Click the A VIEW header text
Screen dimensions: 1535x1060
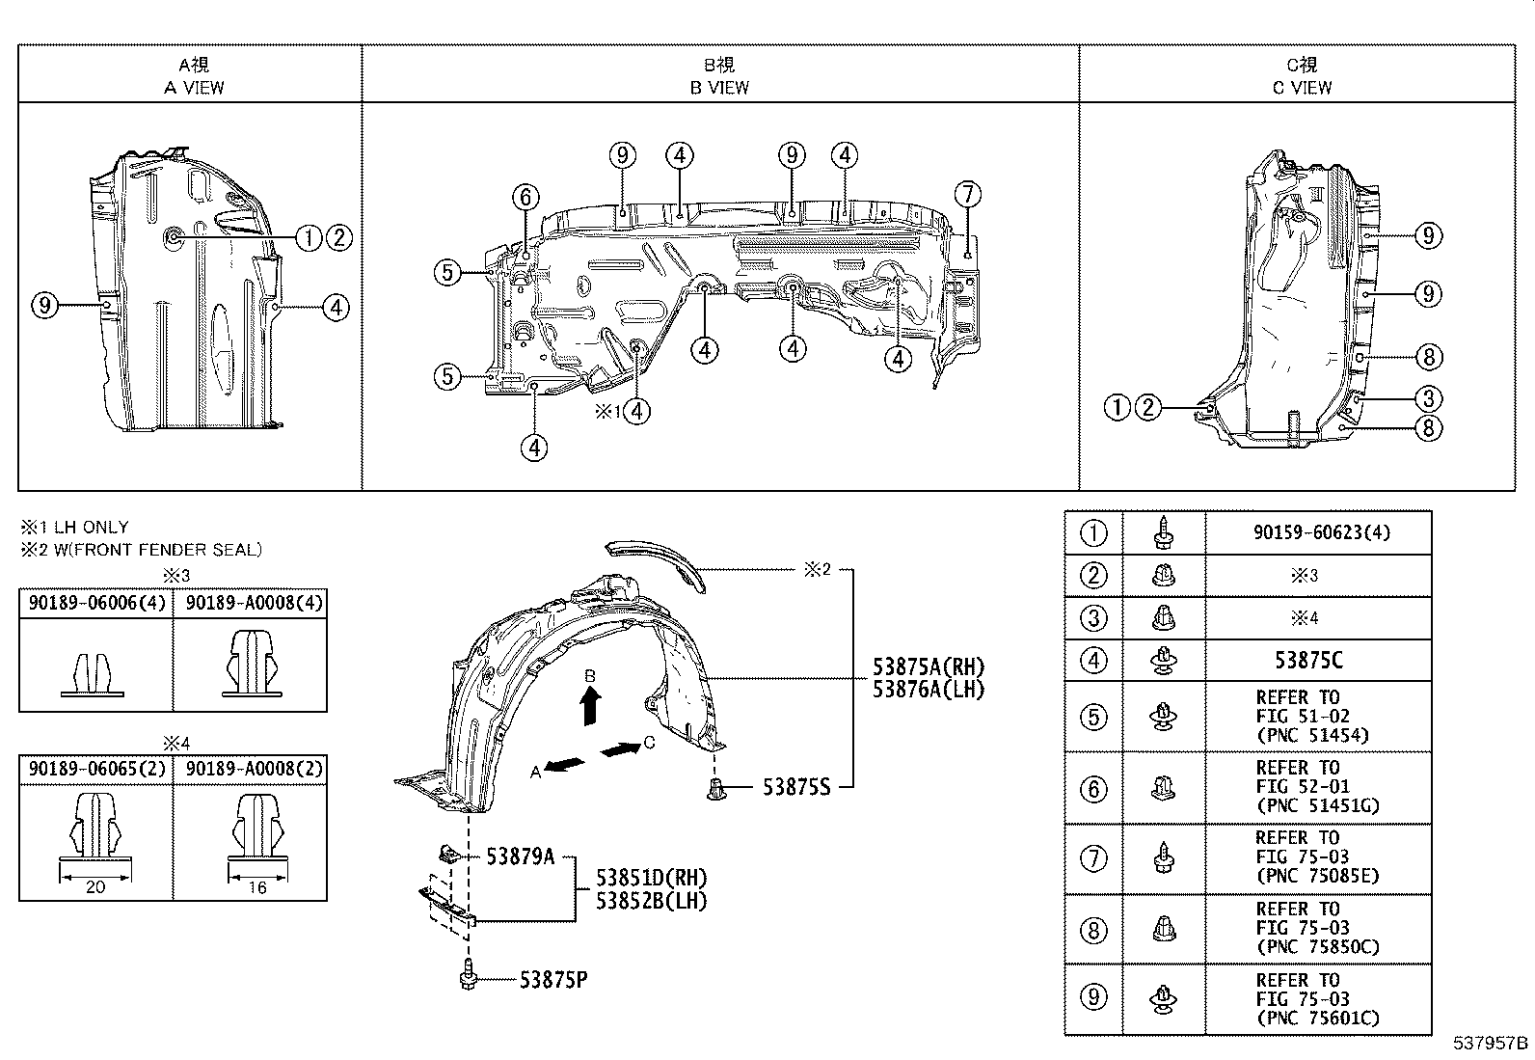(x=194, y=88)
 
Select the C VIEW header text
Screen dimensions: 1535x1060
(x=1302, y=88)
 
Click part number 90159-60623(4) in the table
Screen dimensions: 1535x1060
(x=1322, y=532)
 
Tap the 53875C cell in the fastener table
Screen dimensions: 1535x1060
(x=1308, y=660)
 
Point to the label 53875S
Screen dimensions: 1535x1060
(x=796, y=787)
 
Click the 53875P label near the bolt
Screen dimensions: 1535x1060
(x=553, y=980)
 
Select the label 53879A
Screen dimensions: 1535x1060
(x=520, y=856)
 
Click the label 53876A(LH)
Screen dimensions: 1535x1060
(x=929, y=689)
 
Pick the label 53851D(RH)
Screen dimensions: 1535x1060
(x=651, y=878)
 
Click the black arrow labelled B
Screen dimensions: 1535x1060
(x=590, y=707)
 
